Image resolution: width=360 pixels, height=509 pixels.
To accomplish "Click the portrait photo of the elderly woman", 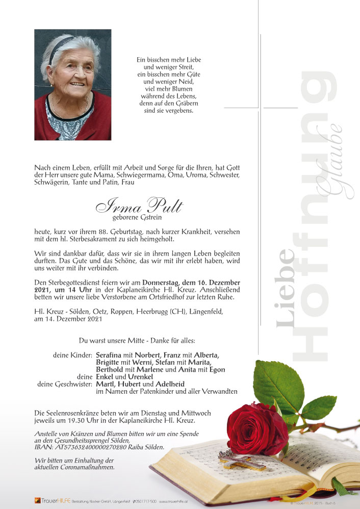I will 72,85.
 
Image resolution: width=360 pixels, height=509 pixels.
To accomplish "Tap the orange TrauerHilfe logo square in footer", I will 37,500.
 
